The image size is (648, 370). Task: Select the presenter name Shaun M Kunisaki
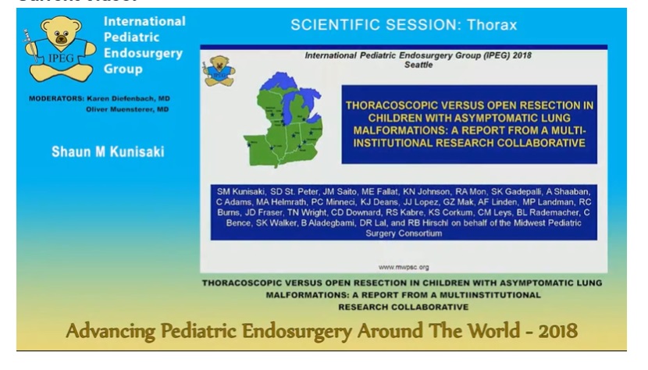[108, 151]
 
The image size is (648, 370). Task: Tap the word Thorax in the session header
[492, 25]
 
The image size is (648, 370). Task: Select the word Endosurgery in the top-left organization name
[143, 53]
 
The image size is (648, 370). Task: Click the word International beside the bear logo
[144, 22]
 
